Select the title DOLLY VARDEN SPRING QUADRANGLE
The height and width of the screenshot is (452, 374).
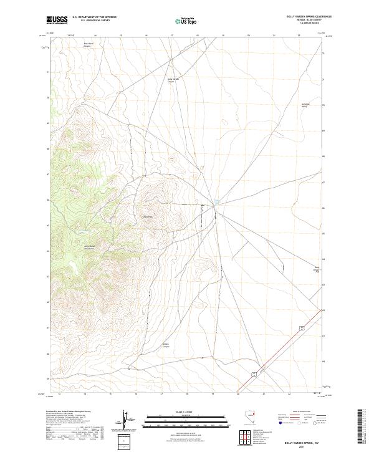[x=295, y=17]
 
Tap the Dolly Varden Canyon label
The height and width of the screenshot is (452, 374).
[x=173, y=80]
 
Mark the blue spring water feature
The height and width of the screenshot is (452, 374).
[x=216, y=202]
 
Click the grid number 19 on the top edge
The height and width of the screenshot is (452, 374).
[x=223, y=36]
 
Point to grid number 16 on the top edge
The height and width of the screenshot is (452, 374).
[x=146, y=36]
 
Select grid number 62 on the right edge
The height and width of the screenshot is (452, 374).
[x=322, y=310]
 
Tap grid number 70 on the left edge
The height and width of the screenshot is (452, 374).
[x=48, y=98]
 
